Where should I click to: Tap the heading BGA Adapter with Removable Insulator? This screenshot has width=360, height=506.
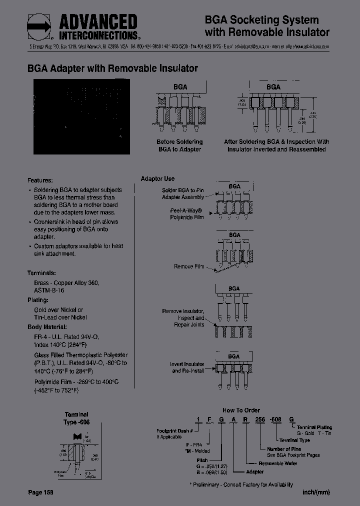pyautogui.click(x=112, y=68)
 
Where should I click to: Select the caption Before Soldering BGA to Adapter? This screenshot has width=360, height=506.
pyautogui.click(x=179, y=145)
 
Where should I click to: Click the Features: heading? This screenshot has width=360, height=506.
pyautogui.click(x=40, y=180)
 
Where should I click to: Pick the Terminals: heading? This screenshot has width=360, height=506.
pyautogui.click(x=41, y=273)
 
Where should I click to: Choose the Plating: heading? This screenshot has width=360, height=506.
pyautogui.click(x=38, y=300)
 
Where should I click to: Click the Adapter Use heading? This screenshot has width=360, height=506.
pyautogui.click(x=157, y=178)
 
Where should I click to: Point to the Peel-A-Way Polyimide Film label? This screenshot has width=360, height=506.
pyautogui.click(x=187, y=214)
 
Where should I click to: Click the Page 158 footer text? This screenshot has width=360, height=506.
pyautogui.click(x=40, y=492)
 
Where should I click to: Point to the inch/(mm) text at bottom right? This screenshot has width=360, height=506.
pyautogui.click(x=316, y=492)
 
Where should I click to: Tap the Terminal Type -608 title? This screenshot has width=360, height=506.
pyautogui.click(x=76, y=418)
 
